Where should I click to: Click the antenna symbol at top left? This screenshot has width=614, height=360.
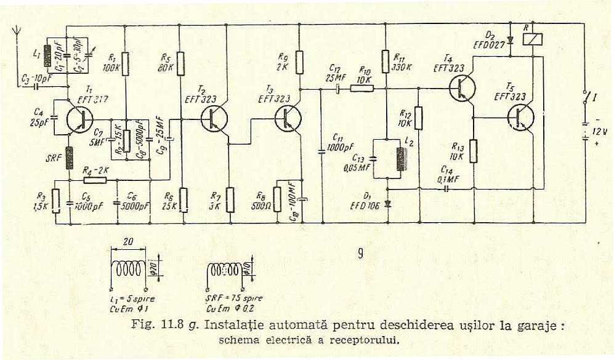click(17, 32)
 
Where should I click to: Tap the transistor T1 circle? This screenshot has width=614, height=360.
click(79, 119)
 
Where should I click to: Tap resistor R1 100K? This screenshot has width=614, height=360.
click(125, 63)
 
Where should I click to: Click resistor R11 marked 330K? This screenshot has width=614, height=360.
click(385, 62)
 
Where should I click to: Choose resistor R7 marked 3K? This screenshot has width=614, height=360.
click(229, 199)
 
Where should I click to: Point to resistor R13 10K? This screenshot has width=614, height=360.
click(473, 151)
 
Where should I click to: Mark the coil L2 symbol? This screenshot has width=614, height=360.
click(401, 159)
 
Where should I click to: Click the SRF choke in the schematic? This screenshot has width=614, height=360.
click(69, 158)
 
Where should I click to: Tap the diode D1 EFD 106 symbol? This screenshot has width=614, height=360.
click(387, 203)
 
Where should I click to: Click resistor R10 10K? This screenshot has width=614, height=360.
click(362, 89)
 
